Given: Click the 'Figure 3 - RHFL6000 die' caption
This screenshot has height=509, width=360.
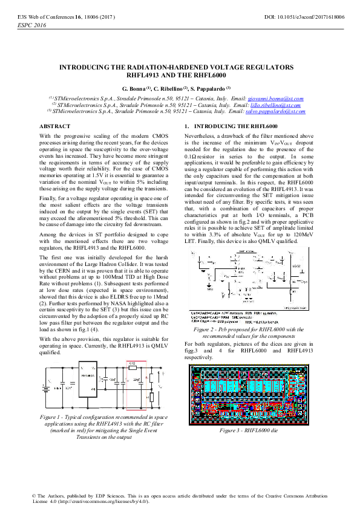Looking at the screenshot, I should (240, 430).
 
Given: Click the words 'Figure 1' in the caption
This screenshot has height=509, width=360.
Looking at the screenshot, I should (51, 418).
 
